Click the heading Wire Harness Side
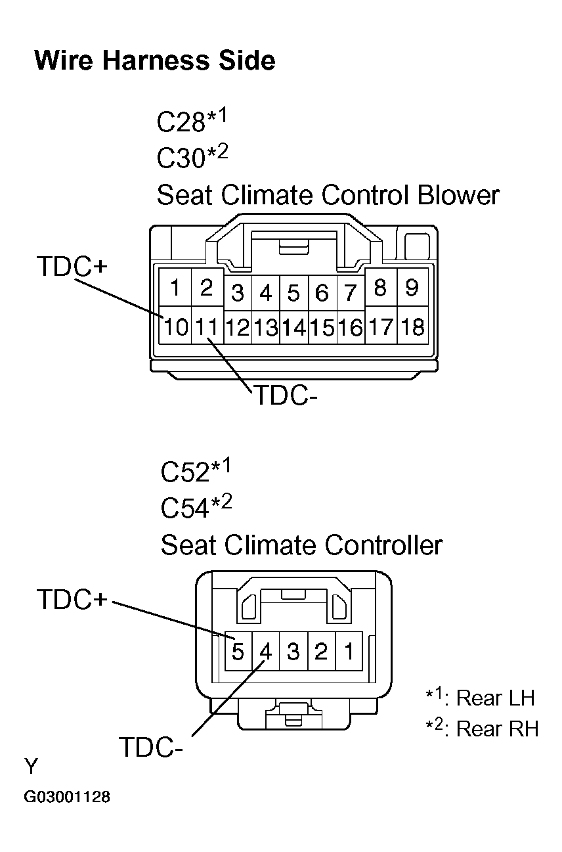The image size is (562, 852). coord(154,61)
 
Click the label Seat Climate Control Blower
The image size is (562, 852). coord(328,195)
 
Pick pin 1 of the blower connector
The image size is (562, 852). coord(175,288)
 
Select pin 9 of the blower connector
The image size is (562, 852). coord(412,288)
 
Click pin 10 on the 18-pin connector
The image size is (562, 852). coord(175,326)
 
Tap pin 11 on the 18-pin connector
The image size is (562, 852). coord(206,326)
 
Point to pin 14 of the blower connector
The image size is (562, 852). coord(294,327)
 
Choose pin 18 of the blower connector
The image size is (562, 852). coord(412,326)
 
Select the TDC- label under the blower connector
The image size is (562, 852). coord(281,396)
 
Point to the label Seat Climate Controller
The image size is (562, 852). coord(301,545)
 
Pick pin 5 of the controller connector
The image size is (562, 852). coord(238,652)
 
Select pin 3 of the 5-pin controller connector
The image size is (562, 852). coord(293,652)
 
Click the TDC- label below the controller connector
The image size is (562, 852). coord(150,748)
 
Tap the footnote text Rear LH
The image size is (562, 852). coord(495,698)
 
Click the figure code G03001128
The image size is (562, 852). coord(67,798)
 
